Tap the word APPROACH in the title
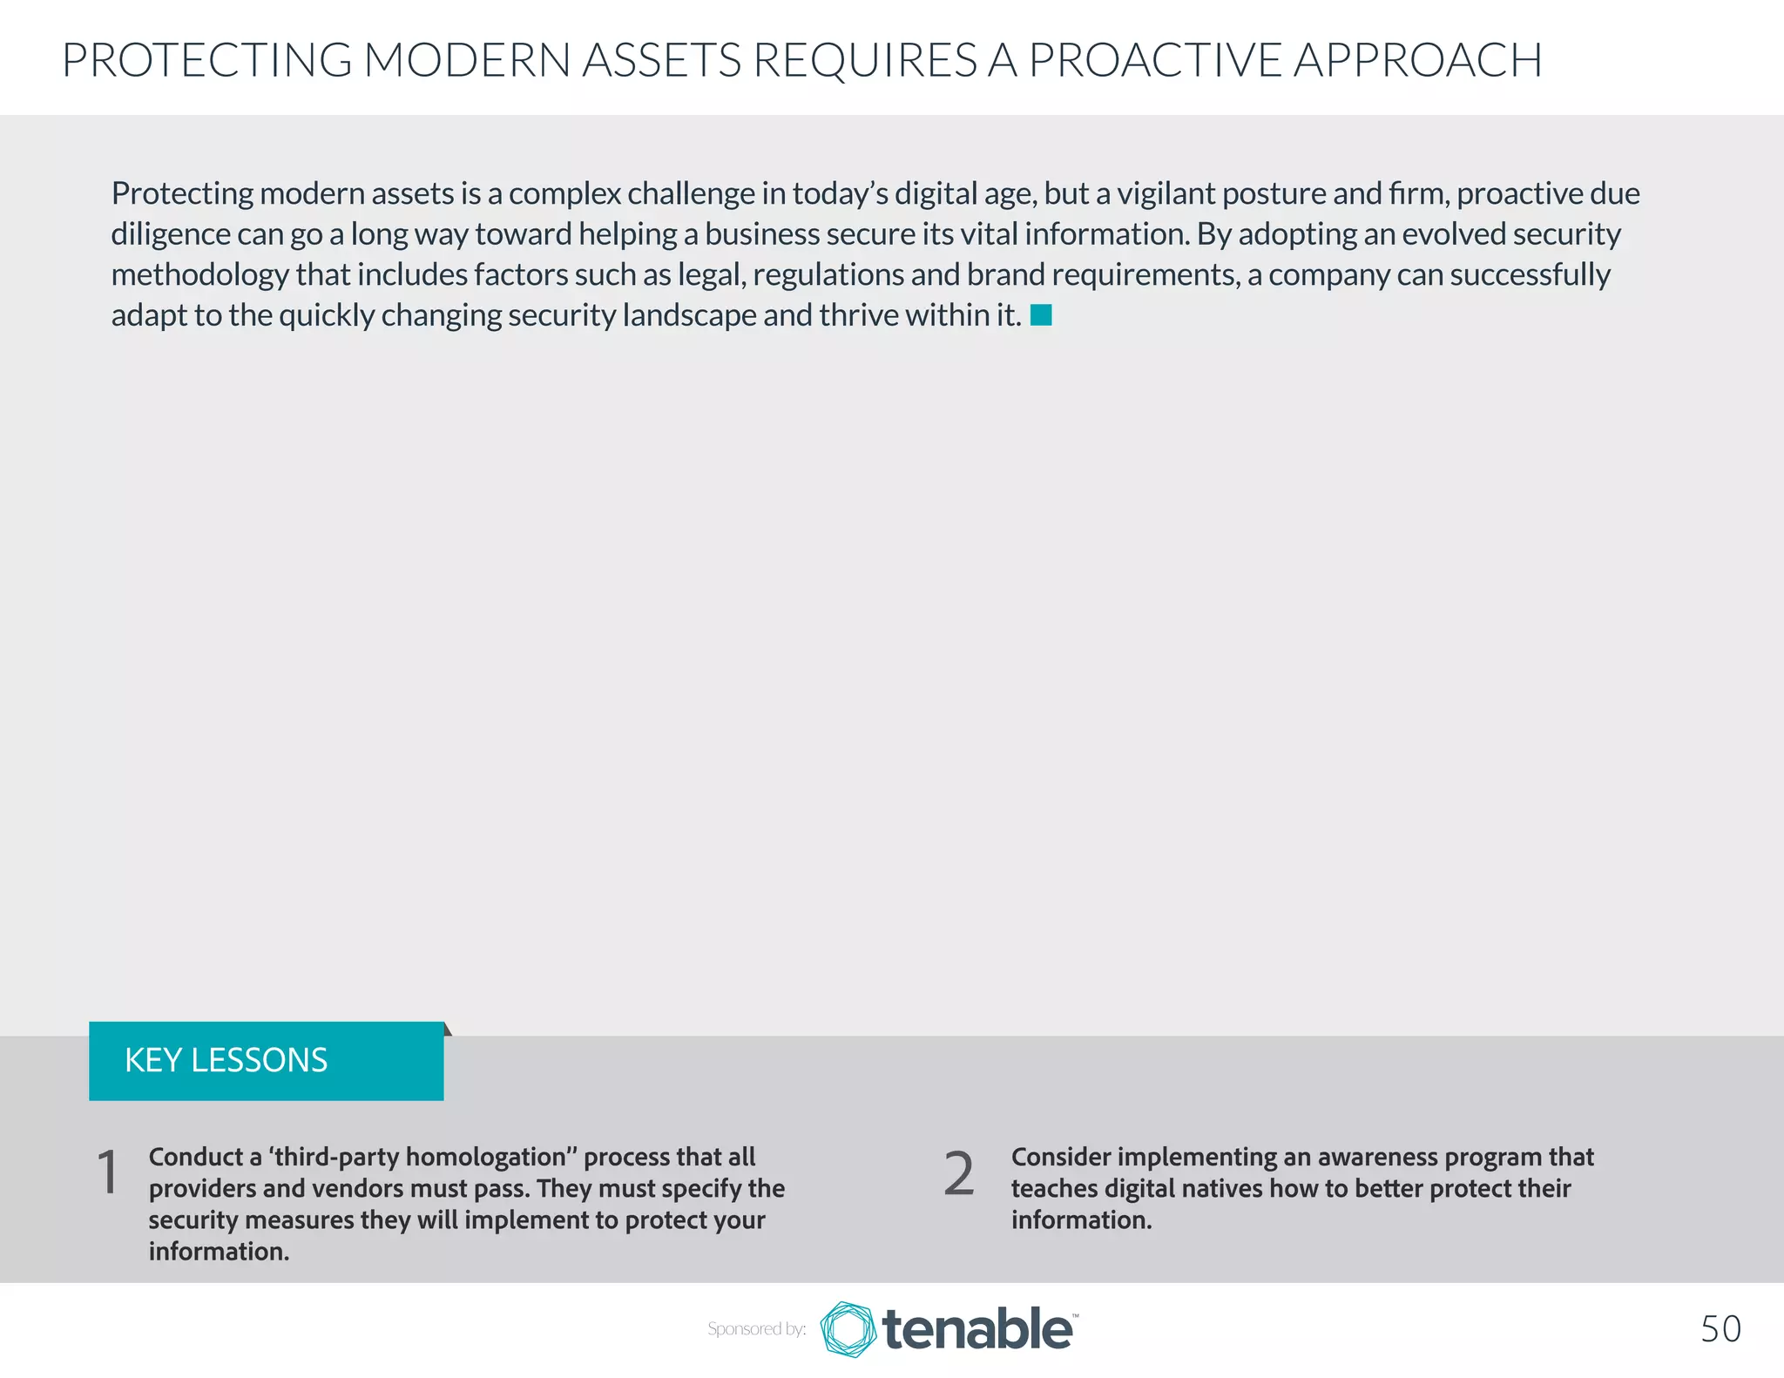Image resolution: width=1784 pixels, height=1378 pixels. point(1417,60)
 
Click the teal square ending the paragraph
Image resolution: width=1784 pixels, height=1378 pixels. point(1041,315)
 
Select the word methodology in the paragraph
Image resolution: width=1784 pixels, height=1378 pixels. point(199,275)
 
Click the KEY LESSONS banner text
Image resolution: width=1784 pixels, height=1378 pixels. point(226,1060)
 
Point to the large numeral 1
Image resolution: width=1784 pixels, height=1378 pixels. point(108,1172)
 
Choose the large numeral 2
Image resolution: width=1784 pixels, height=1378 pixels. point(959,1174)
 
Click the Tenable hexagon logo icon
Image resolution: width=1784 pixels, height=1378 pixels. point(848,1329)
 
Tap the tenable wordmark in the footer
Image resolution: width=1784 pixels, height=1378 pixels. point(977,1329)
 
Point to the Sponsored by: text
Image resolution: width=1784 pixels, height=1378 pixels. point(756,1329)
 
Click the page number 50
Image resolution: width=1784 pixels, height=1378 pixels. point(1720,1329)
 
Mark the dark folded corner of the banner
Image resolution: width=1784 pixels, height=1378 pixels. point(448,1029)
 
